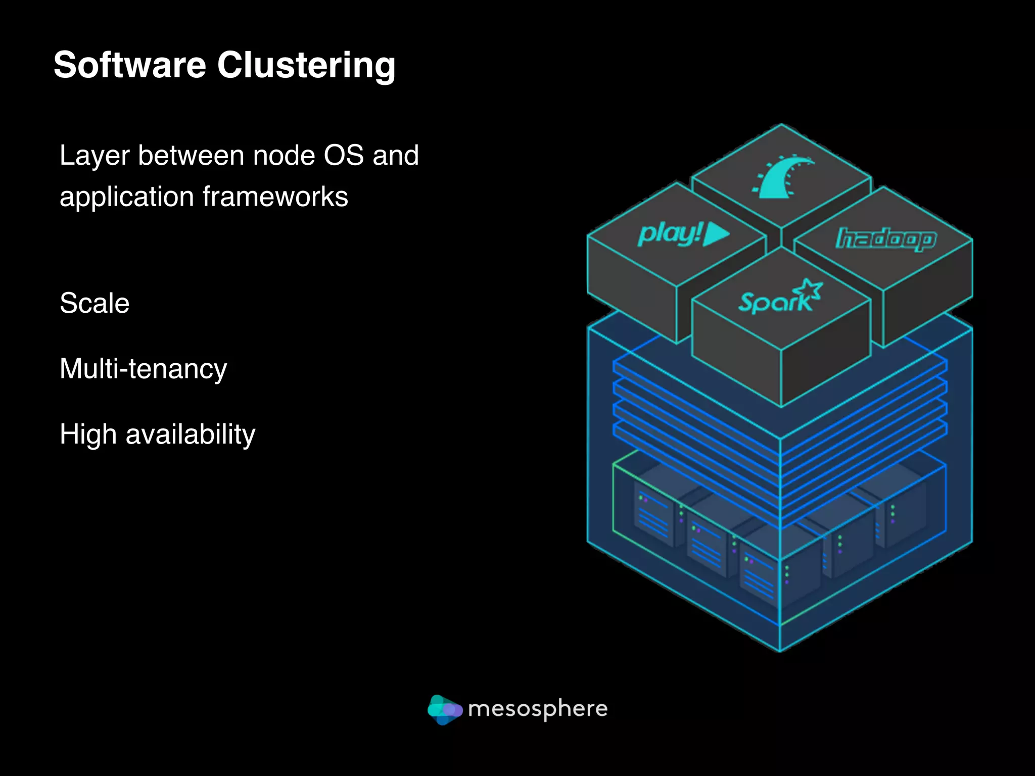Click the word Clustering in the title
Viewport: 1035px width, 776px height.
[306, 66]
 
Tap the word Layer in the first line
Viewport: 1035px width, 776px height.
[95, 156]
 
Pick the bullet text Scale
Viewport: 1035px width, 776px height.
[95, 303]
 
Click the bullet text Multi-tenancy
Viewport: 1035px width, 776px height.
[143, 369]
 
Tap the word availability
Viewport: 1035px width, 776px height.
[191, 434]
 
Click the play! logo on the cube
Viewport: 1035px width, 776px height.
[682, 234]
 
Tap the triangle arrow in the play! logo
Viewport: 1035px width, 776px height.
[715, 233]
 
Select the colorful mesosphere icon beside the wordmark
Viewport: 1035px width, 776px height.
[444, 709]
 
